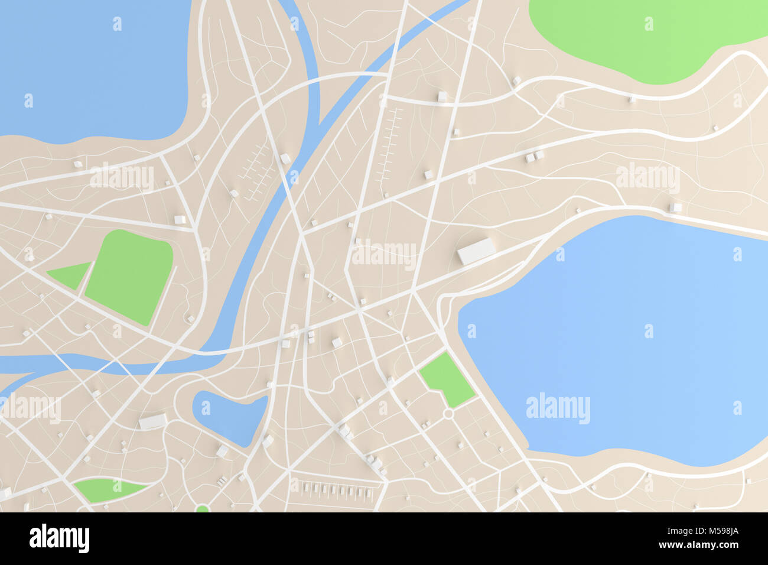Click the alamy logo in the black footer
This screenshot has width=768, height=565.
pos(59,538)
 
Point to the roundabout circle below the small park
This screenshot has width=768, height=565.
pos(448,414)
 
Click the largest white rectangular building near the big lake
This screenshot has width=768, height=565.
pos(476,251)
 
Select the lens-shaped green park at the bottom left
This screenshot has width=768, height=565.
pos(106,489)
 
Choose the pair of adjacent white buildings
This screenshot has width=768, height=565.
pos(534,156)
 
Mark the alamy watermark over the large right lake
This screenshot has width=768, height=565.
pos(557,408)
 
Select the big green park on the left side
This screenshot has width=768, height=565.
pos(130,275)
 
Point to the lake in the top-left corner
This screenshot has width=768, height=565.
pos(89,65)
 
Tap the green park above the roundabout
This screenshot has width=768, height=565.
pos(446,378)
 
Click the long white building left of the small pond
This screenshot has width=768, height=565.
pos(152,422)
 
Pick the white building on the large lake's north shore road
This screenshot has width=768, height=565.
pos(675,207)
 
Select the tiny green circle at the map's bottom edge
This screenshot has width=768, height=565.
pos(202,508)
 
